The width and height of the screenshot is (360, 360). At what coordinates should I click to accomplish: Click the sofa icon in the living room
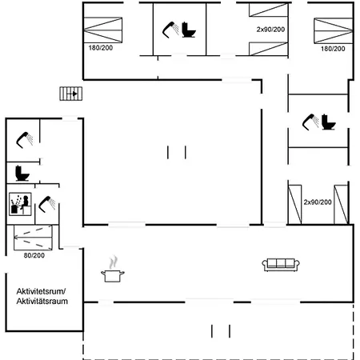click(281, 265)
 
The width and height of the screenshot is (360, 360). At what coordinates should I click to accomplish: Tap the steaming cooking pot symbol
click(113, 270)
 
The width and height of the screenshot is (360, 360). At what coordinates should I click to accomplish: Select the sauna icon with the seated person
click(20, 204)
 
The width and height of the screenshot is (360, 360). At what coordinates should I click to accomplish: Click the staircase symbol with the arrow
click(70, 94)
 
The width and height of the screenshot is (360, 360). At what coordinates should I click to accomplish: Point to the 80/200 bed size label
click(34, 255)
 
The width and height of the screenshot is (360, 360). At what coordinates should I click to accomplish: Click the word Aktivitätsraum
click(42, 302)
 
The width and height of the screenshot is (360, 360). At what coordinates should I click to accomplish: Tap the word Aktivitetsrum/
click(42, 291)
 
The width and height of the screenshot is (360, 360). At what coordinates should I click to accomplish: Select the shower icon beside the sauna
click(47, 204)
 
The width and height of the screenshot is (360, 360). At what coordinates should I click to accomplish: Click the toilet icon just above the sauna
click(22, 174)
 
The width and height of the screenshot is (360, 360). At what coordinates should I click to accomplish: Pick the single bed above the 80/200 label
click(33, 238)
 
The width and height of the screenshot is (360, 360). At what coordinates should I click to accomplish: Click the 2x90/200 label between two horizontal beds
click(270, 30)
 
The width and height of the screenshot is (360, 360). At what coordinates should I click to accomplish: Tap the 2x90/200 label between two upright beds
click(318, 202)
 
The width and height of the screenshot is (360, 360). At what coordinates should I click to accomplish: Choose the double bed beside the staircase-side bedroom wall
click(103, 30)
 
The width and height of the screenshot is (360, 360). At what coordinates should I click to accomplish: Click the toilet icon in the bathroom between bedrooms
click(189, 30)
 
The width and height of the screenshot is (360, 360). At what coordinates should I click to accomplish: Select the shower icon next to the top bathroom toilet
click(170, 30)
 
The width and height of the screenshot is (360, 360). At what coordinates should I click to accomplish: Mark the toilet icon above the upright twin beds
click(329, 122)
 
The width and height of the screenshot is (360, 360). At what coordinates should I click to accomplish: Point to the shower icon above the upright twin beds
click(310, 122)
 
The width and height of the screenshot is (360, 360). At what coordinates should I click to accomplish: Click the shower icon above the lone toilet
click(25, 140)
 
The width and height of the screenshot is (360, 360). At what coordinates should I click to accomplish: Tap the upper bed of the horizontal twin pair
click(269, 10)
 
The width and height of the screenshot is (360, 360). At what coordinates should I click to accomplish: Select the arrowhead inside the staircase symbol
click(75, 94)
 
